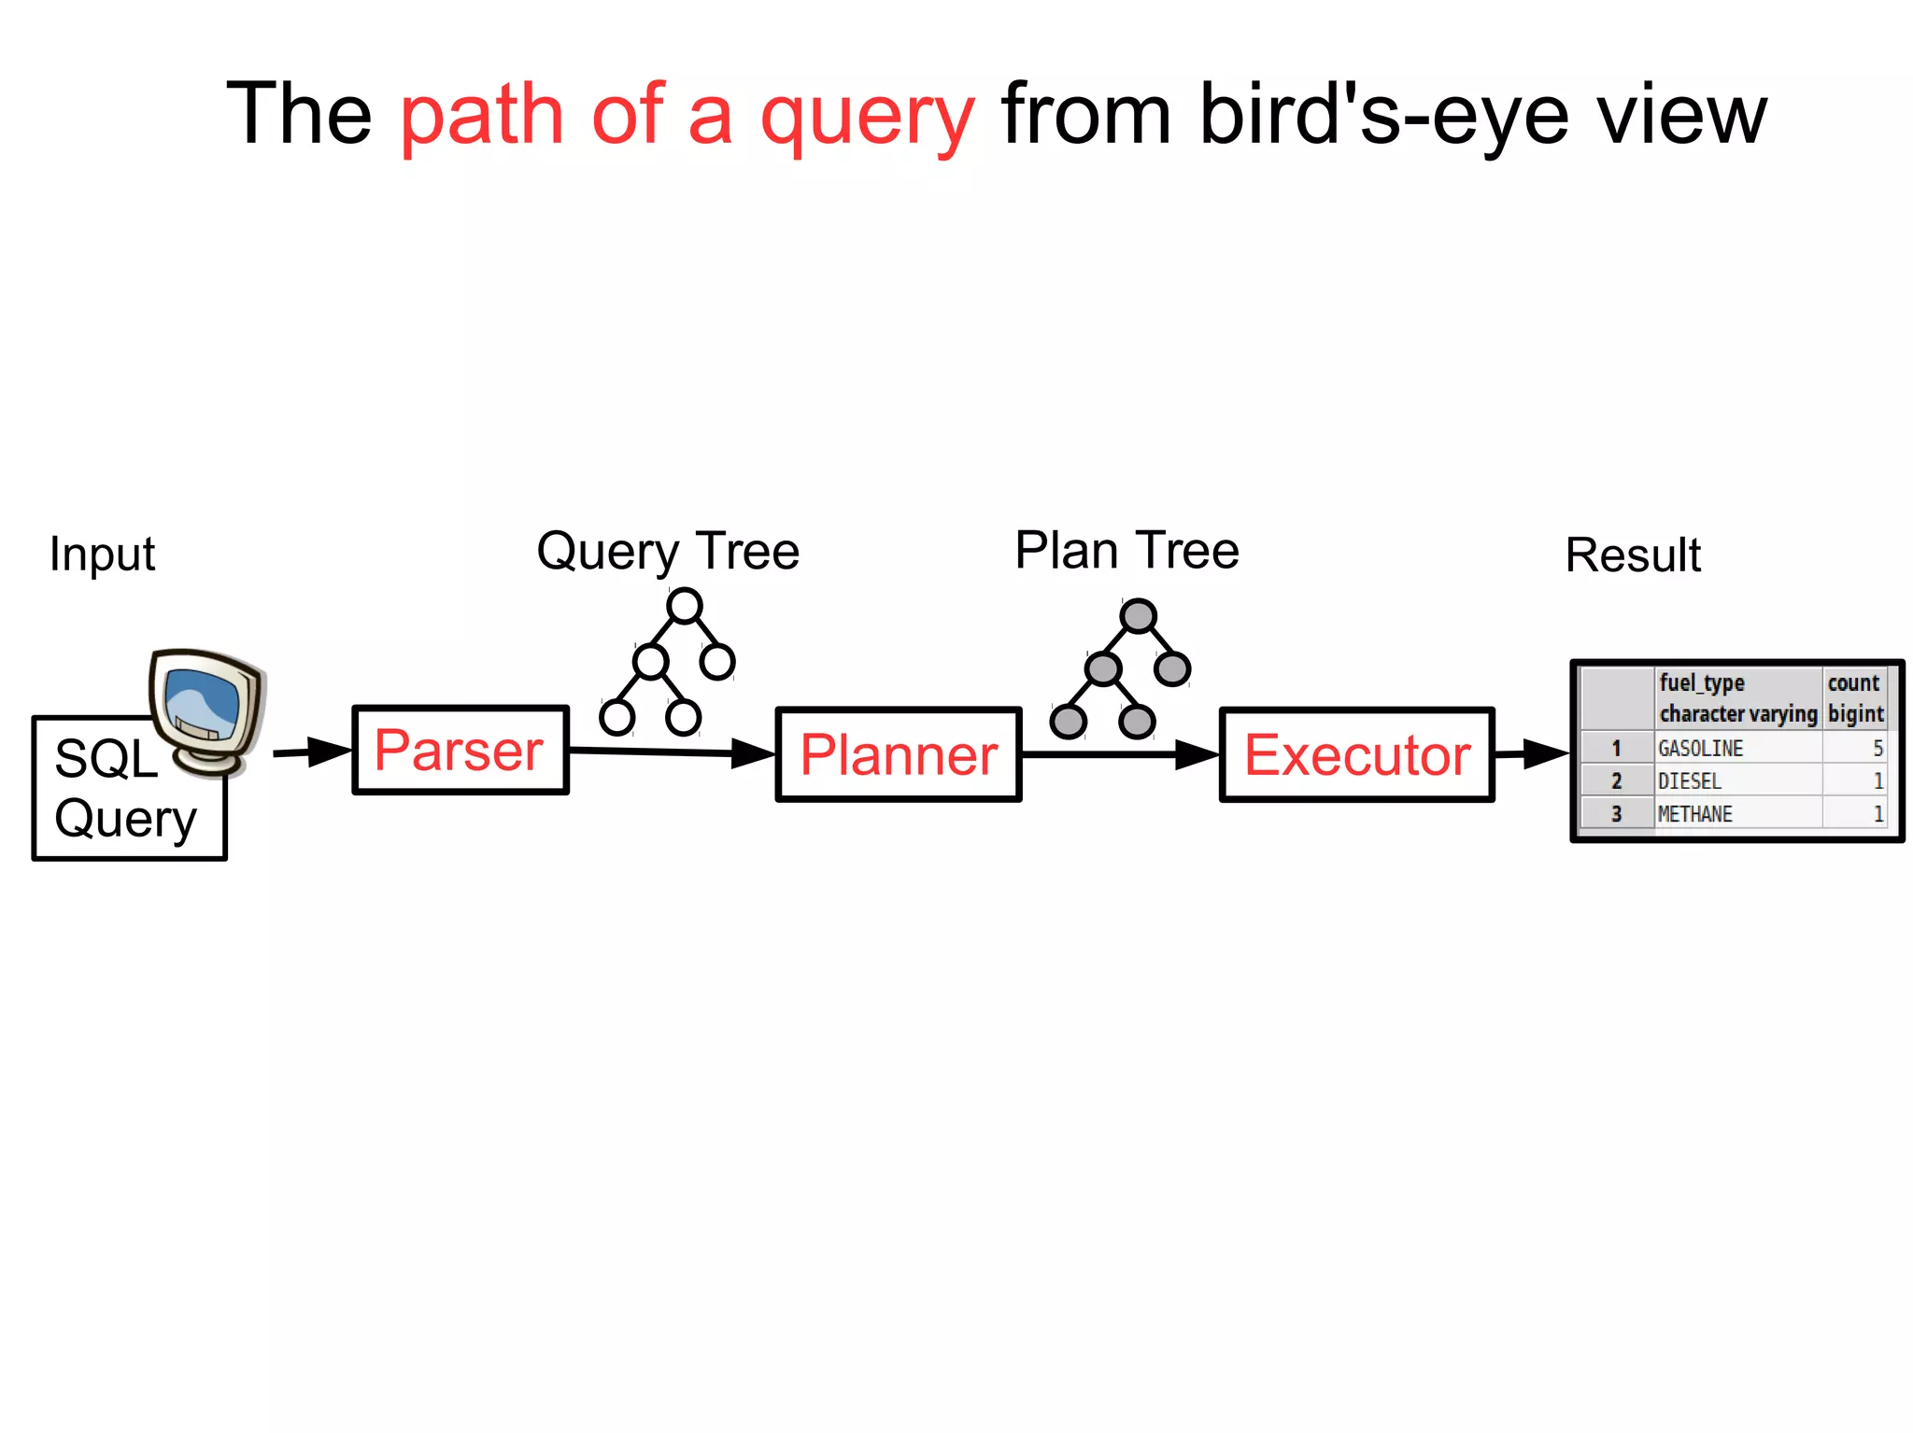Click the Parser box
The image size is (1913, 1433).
point(460,751)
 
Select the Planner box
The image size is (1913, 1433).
point(898,754)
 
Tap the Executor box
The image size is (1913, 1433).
point(1356,754)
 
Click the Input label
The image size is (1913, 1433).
point(102,555)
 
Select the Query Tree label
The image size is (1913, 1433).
point(667,551)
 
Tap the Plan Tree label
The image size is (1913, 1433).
point(1127,550)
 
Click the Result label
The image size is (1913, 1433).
point(1632,555)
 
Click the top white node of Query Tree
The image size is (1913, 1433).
point(685,606)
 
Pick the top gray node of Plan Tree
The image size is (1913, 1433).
point(1138,616)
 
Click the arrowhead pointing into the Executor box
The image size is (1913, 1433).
point(1197,754)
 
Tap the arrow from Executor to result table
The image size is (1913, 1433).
point(1532,752)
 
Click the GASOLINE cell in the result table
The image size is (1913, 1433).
point(1700,749)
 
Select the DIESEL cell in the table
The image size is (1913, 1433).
point(1689,781)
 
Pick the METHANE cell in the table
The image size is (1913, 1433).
point(1694,814)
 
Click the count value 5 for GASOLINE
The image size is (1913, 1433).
point(1877,749)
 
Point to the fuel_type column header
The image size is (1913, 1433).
point(1702,683)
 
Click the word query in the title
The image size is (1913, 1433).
point(867,116)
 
